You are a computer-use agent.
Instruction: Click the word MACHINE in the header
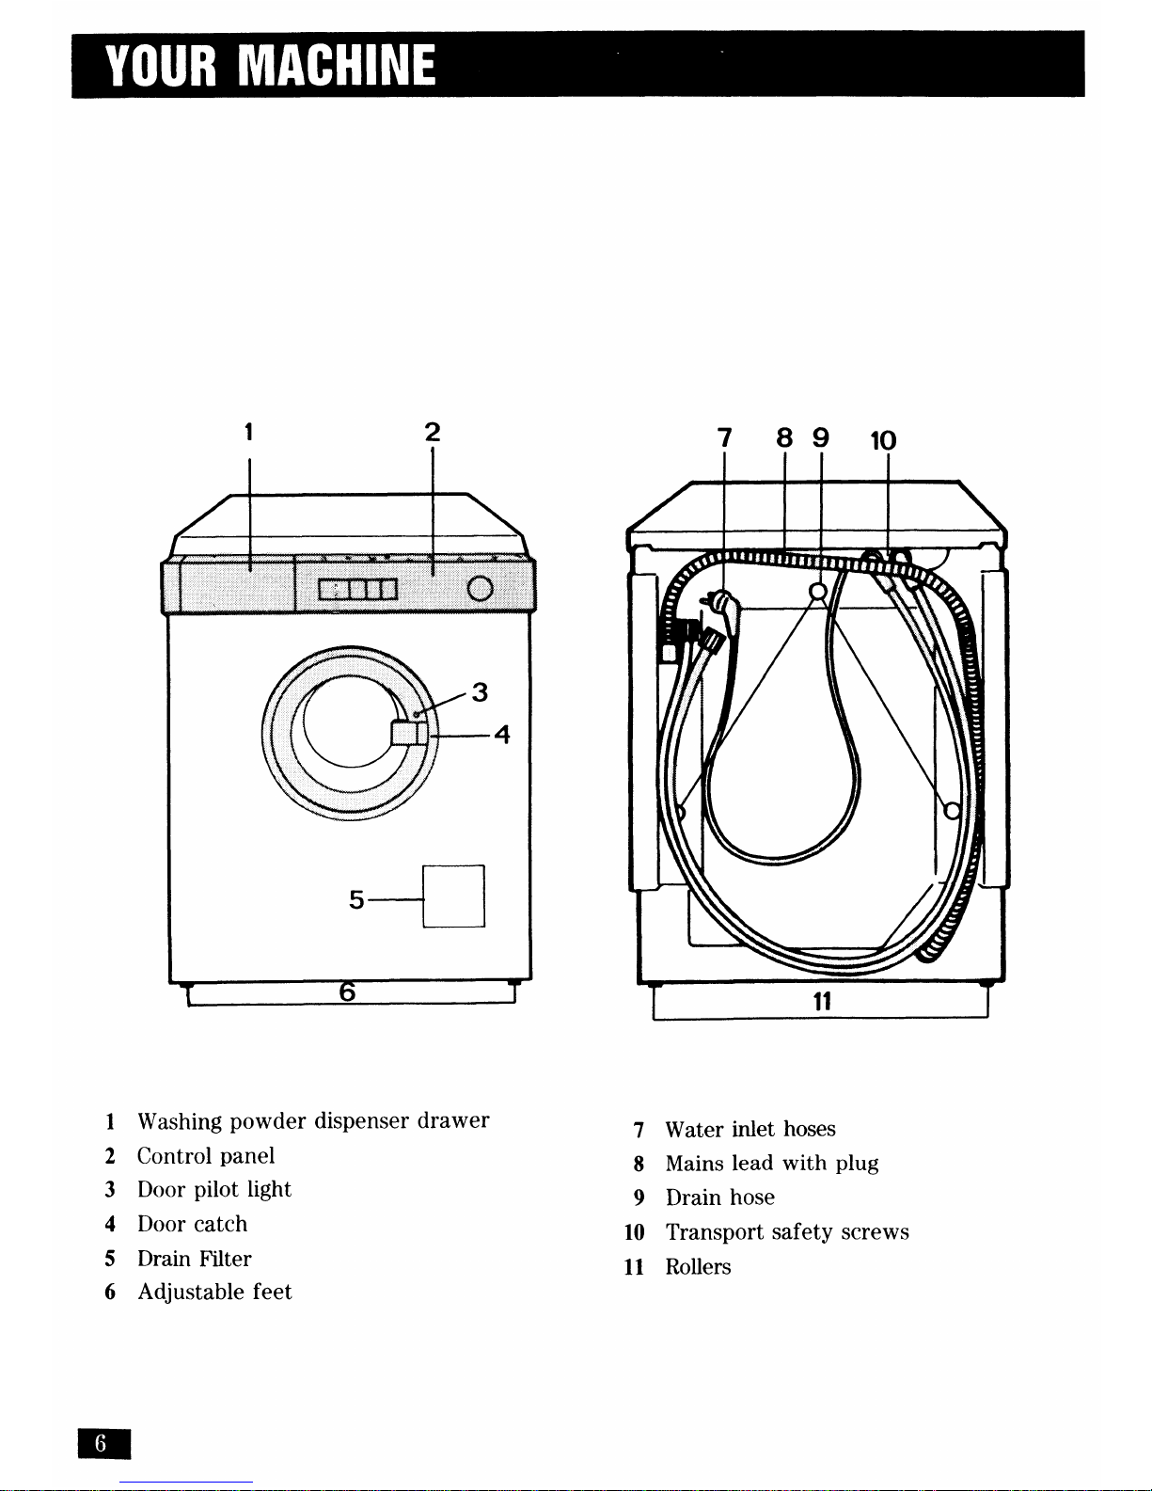(337, 66)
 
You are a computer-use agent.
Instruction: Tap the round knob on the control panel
(480, 588)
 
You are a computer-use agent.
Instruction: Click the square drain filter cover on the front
(453, 896)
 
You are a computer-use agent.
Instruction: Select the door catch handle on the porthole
(409, 733)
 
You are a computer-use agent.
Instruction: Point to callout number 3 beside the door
(480, 691)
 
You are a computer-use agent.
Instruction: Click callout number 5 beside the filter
(356, 899)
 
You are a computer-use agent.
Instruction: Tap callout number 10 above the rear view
(883, 440)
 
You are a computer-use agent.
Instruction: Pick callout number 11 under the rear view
(822, 1002)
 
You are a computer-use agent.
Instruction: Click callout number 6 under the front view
(348, 991)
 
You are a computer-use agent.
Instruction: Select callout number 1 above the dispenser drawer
(249, 433)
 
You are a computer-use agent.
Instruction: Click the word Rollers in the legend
(698, 1266)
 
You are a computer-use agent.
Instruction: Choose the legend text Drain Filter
(195, 1259)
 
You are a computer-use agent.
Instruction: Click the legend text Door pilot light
(214, 1190)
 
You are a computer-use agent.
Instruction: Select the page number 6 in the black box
(101, 1444)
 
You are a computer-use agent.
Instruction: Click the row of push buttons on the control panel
(357, 590)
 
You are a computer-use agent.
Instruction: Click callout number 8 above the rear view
(784, 437)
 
